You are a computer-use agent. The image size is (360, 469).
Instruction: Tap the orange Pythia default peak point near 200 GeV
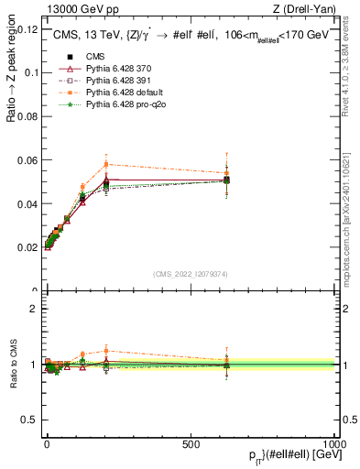click(x=106, y=164)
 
